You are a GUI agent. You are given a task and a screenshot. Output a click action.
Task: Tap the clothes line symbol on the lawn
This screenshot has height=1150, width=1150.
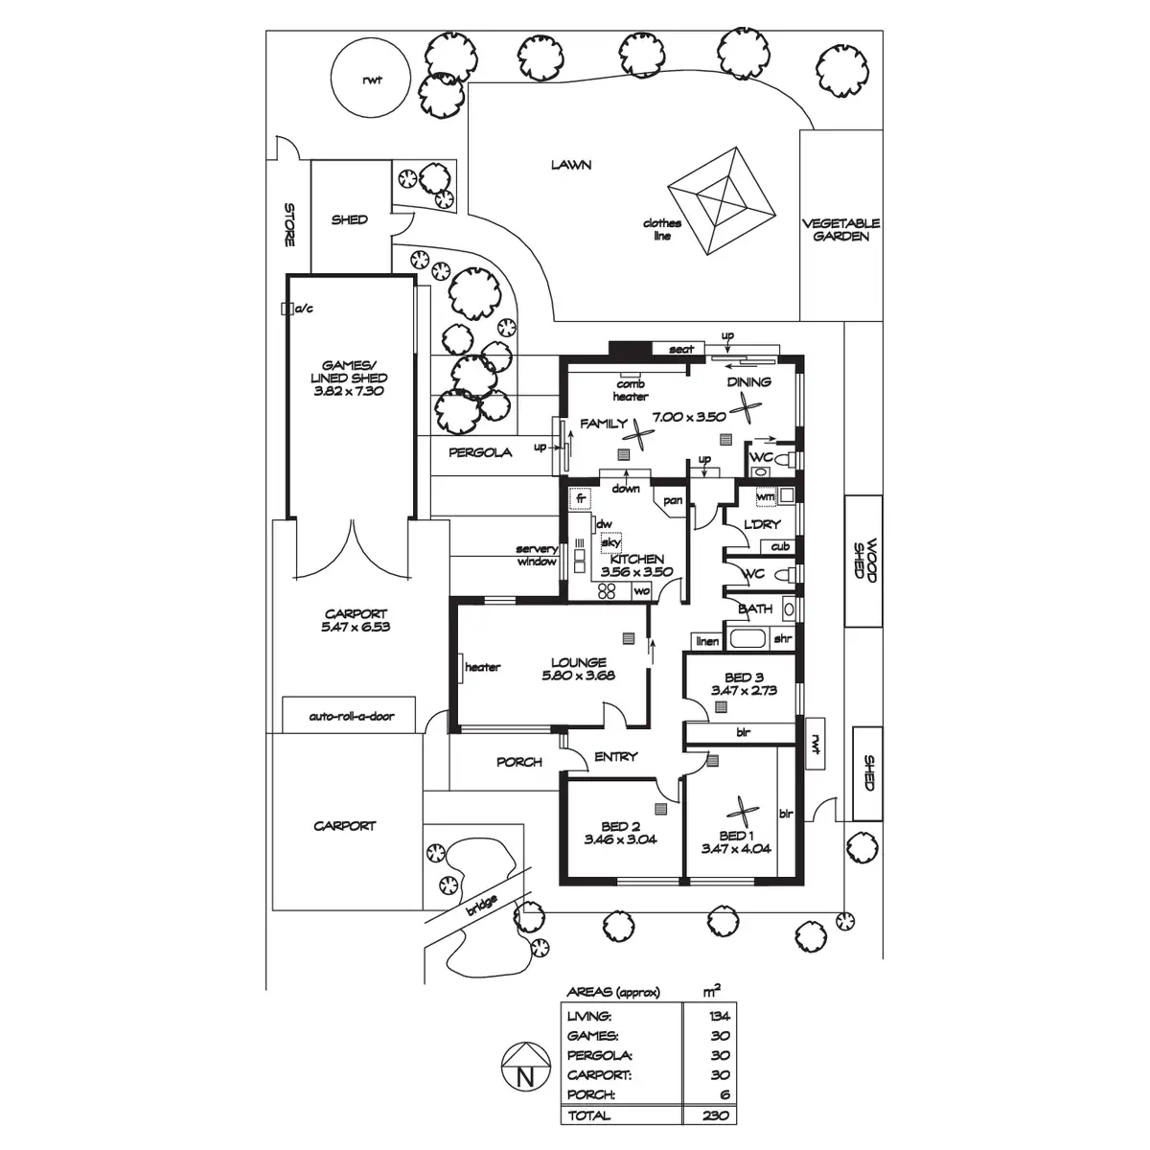pos(722,201)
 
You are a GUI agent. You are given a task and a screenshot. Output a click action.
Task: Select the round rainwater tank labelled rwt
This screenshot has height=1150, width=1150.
pos(371,79)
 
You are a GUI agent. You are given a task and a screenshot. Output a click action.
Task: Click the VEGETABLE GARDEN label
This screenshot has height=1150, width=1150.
pos(840,230)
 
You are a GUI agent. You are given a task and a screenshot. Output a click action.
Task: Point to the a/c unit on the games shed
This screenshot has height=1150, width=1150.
pos(287,309)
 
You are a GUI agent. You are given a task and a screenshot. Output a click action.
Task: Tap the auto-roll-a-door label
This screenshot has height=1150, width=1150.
pos(352,716)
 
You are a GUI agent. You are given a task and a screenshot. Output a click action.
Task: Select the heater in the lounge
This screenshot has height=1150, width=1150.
pos(461,667)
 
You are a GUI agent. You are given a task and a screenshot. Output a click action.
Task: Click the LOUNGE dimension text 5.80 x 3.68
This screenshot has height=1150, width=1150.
pos(578,676)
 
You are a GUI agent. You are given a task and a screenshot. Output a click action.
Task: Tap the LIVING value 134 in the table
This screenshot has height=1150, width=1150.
pos(720,1016)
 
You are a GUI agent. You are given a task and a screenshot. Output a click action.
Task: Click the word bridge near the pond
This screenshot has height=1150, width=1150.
pos(482,907)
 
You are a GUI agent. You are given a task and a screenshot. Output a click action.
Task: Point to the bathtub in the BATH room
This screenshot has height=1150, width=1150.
pos(747,639)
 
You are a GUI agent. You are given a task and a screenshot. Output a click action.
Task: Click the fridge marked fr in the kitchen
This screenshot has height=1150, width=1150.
pos(580,498)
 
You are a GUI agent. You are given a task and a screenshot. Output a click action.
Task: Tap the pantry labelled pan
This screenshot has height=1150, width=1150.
pos(673,500)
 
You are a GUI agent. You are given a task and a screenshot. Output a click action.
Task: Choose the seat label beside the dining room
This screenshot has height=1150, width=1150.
pos(681,349)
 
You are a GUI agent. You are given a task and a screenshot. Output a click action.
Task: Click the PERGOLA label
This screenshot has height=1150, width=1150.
pos(480,452)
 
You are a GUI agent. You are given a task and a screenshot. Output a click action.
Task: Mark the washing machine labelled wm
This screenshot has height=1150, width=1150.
pos(766,496)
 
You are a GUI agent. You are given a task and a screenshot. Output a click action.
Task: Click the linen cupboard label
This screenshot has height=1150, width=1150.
pos(707,641)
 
